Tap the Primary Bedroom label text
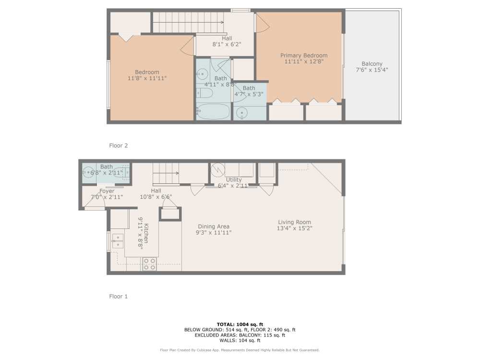(x=304, y=56)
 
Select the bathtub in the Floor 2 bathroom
(x=213, y=111)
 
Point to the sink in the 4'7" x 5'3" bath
(x=242, y=113)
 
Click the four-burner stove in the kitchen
(x=149, y=264)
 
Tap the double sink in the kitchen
(x=117, y=241)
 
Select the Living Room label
(x=294, y=222)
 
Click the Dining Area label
(x=214, y=227)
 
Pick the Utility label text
(x=234, y=180)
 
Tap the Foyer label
(x=107, y=191)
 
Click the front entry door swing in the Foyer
(x=95, y=204)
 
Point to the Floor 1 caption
(x=118, y=297)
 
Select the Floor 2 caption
(x=118, y=145)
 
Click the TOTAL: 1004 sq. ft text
(x=240, y=324)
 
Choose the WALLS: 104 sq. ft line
(x=240, y=340)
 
